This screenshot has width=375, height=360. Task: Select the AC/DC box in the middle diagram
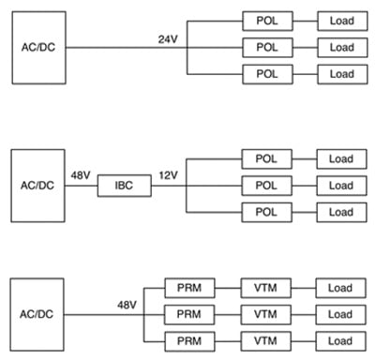37,185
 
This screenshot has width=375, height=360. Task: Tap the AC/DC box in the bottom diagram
37,313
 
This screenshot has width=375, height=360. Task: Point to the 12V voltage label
169,175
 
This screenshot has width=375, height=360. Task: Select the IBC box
124,186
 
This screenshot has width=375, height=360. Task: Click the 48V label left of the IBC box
82,175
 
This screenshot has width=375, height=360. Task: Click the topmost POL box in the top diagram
266,20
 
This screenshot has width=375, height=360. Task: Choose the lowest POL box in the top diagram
266,74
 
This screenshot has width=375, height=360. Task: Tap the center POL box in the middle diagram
266,186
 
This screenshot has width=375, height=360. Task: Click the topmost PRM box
189,287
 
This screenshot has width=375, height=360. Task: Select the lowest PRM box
189,340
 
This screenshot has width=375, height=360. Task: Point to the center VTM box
265,314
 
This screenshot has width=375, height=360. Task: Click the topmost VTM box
265,287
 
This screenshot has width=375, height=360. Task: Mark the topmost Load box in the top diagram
341,20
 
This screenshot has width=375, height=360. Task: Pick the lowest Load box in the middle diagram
341,213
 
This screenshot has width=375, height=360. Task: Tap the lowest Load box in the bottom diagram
341,340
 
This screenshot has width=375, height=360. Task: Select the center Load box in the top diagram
341,47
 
